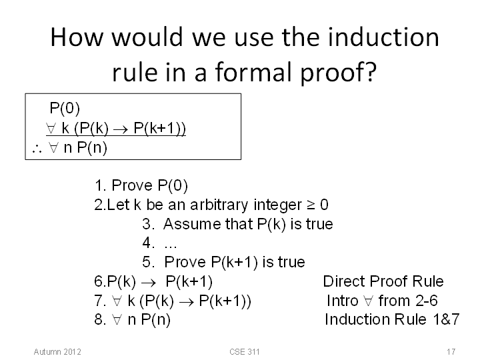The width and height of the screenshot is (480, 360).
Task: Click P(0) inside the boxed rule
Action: [x=65, y=108]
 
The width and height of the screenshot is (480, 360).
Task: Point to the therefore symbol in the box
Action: [x=37, y=149]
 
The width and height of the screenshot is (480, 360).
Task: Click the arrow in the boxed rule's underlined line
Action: [x=121, y=130]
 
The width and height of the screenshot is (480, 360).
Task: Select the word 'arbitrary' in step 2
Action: [x=219, y=205]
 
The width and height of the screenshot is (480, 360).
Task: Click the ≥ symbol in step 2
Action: [x=311, y=205]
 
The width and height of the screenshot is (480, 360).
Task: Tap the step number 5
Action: [x=148, y=262]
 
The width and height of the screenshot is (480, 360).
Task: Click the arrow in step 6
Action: [x=149, y=283]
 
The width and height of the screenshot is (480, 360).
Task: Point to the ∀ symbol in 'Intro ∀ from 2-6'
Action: [x=368, y=301]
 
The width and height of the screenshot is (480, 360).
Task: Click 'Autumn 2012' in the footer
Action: [x=57, y=352]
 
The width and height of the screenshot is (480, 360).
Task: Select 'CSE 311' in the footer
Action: [x=244, y=352]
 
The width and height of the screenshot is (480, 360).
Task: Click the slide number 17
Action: [x=451, y=352]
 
